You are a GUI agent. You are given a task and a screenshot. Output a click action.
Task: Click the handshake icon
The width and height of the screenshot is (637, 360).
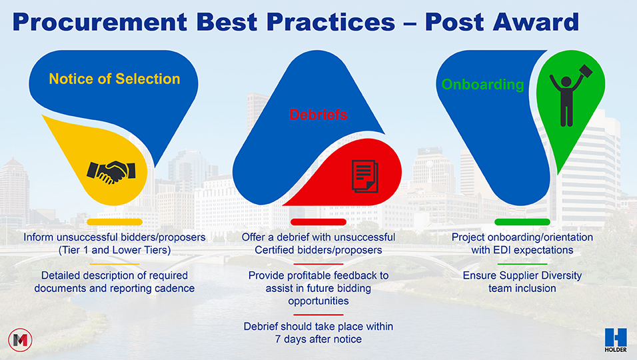pos(111,172)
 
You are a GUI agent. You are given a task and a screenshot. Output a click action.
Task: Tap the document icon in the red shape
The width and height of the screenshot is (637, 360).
pos(365,177)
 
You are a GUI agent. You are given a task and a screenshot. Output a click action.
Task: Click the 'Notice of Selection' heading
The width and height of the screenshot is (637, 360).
pos(115,79)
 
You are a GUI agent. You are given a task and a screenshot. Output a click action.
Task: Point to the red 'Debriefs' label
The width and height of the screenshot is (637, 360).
pos(318,115)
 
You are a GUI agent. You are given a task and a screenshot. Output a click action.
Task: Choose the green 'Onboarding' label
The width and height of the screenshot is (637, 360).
pos(482,85)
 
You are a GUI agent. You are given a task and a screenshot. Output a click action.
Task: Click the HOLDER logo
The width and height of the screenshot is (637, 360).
pos(616,340)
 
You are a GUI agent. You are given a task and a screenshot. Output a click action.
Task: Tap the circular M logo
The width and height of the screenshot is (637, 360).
pos(20,340)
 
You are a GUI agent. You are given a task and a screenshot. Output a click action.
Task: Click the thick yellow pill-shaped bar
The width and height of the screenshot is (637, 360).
pos(115,222)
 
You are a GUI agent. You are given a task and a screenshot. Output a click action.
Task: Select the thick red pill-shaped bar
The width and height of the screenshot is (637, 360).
pos(318,222)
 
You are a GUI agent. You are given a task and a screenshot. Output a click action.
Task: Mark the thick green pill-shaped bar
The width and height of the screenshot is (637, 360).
pos(522,222)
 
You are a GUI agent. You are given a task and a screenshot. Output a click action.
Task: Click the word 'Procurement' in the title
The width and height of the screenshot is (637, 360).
pos(100,22)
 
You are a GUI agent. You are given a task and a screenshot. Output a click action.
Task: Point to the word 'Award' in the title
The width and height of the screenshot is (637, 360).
pos(536,22)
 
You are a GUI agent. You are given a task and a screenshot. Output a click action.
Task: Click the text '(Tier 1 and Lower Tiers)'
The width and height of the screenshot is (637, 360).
pos(115,250)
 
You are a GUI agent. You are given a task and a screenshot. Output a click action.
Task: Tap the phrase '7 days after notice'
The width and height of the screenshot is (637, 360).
pos(318,339)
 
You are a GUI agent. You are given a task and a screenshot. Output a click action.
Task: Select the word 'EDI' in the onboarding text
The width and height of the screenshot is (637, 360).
pos(502,250)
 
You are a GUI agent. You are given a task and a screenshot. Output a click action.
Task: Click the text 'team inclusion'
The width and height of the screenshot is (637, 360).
pos(522,288)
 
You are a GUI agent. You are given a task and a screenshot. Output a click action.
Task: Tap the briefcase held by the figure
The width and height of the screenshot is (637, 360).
pos(586,71)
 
